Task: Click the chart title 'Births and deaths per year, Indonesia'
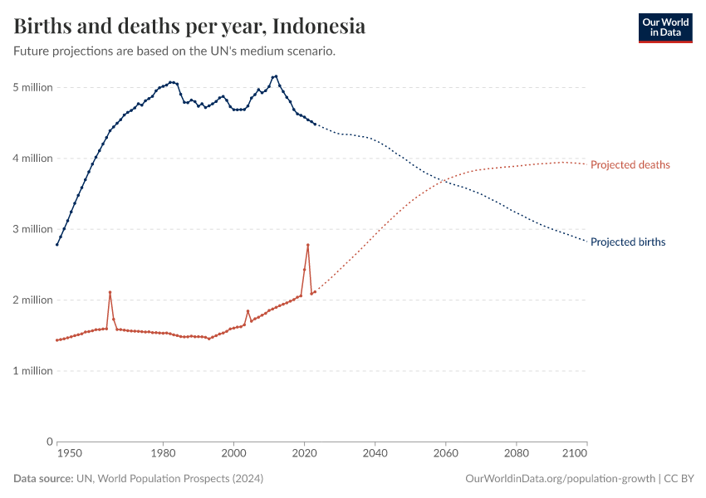tap(189, 27)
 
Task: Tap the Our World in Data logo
tap(664, 27)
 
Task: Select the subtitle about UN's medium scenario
tap(174, 51)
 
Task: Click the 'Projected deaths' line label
tap(630, 165)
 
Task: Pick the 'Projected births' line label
tap(627, 242)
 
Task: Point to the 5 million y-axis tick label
tap(32, 87)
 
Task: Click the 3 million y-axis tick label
tap(32, 229)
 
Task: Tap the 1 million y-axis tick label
tap(32, 371)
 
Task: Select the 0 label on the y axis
tap(49, 442)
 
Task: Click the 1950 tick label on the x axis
tap(69, 453)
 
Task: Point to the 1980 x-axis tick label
tap(163, 453)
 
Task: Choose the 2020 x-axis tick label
tap(304, 453)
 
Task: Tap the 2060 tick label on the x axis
tap(446, 453)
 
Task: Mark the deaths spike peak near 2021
tap(308, 245)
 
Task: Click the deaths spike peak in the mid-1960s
tap(110, 292)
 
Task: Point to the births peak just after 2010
tap(276, 76)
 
